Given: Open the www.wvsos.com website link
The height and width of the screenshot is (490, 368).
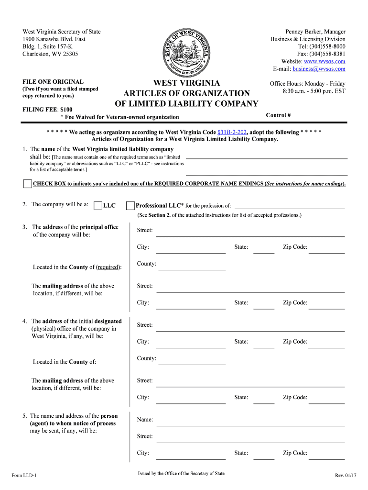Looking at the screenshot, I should pos(325,62).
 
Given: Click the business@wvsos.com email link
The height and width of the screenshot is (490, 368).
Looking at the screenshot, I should pos(319,69).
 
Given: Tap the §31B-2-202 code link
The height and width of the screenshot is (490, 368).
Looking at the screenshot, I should pos(231,132).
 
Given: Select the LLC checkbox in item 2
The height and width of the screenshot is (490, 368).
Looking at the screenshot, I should pos(98,206).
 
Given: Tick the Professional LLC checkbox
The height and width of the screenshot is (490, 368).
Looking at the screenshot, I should pos(130,206).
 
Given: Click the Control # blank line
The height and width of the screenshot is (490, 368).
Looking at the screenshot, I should pos(319,116).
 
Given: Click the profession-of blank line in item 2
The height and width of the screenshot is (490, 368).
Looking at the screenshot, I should pos(289,207).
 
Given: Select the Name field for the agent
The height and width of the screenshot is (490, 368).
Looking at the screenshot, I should pos(250,422).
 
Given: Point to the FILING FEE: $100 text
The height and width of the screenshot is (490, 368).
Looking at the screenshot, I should pos(48,110).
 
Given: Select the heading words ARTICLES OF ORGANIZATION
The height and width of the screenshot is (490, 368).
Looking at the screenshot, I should pos(186,93).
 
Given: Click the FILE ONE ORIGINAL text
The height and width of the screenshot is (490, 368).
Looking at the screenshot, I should pos(53,82).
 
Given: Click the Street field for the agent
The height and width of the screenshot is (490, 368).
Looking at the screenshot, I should pos(250,438).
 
